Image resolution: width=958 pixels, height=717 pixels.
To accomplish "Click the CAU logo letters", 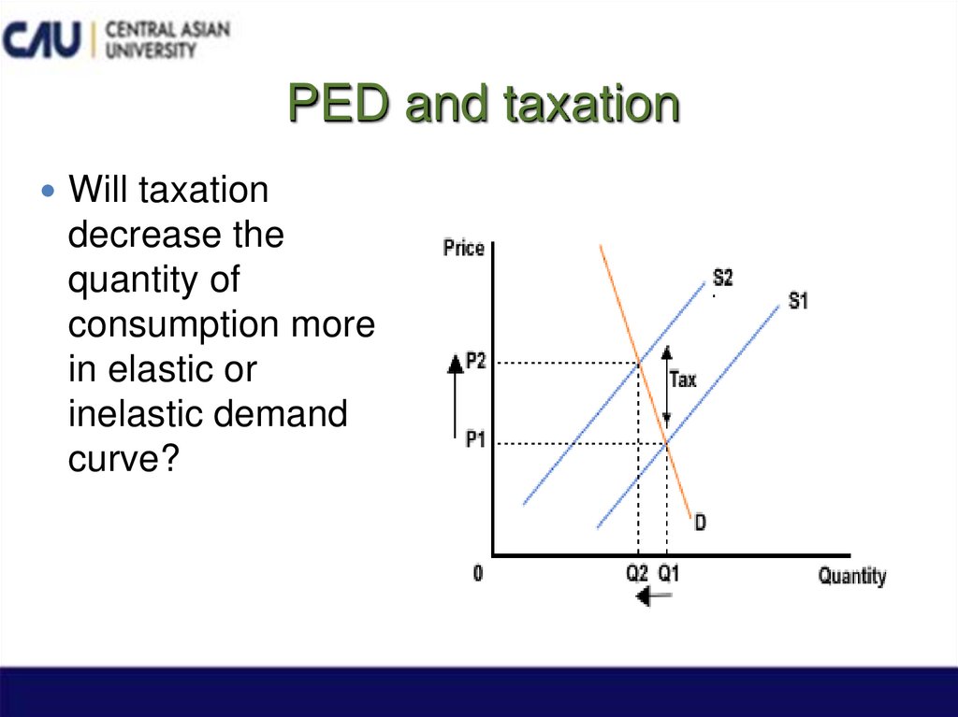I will point(43,39).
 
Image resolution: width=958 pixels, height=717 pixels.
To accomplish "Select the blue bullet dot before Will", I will point(50,192).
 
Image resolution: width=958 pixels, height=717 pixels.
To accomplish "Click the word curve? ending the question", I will point(123,458).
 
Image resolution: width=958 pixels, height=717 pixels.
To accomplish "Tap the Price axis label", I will point(463,249).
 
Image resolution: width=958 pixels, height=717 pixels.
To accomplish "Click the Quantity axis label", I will point(851,576).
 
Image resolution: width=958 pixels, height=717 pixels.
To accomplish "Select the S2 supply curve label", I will point(722,278).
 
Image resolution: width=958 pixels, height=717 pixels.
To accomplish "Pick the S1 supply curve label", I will point(798,301).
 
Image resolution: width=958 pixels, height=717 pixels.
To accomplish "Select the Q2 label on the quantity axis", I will point(637,573).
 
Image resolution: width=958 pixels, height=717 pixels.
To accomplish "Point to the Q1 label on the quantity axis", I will point(668,573).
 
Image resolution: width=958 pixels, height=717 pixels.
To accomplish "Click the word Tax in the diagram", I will point(683,380).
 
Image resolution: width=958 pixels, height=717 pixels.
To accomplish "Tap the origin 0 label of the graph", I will point(478,573).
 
